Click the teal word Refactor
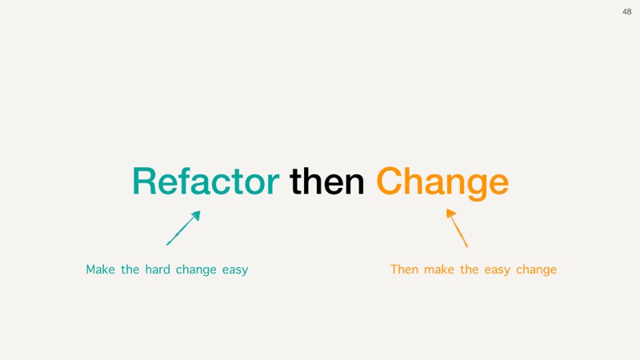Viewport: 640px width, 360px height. point(206,181)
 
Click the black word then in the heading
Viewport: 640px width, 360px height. point(326,181)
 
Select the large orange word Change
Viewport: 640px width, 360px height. point(442,183)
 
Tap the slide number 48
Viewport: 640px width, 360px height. point(627,12)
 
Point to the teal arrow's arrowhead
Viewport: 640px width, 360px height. point(196,215)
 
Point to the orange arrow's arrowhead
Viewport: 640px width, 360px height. point(450,214)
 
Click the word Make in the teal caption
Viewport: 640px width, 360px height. point(101,270)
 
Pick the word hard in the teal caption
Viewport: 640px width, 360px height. point(158,270)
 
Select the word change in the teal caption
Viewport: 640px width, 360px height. point(196,270)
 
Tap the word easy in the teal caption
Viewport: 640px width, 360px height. point(235,270)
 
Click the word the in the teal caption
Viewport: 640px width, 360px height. point(130,270)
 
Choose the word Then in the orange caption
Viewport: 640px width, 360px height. point(404,270)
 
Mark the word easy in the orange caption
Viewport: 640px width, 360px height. point(497,270)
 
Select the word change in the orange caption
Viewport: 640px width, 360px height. point(536,270)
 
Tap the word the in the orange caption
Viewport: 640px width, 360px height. point(470,270)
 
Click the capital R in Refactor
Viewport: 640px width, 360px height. point(143,182)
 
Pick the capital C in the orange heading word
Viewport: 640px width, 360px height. point(389,181)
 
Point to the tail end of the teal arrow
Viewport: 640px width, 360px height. point(166,246)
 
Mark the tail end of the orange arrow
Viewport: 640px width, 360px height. point(467,247)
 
